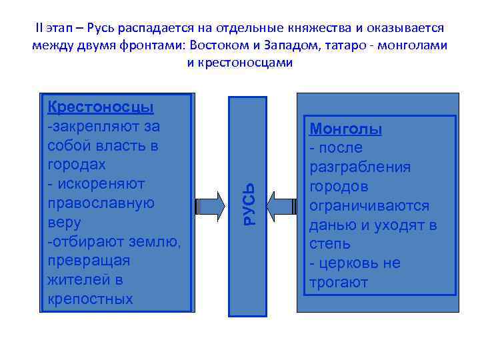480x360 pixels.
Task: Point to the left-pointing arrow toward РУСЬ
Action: tap(286, 202)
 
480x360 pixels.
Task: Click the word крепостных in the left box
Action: tap(91, 299)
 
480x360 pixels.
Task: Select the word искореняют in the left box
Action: tap(97, 183)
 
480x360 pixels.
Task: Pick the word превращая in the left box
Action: tap(89, 260)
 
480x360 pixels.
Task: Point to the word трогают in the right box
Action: tap(339, 283)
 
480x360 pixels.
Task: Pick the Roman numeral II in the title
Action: tap(38, 29)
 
